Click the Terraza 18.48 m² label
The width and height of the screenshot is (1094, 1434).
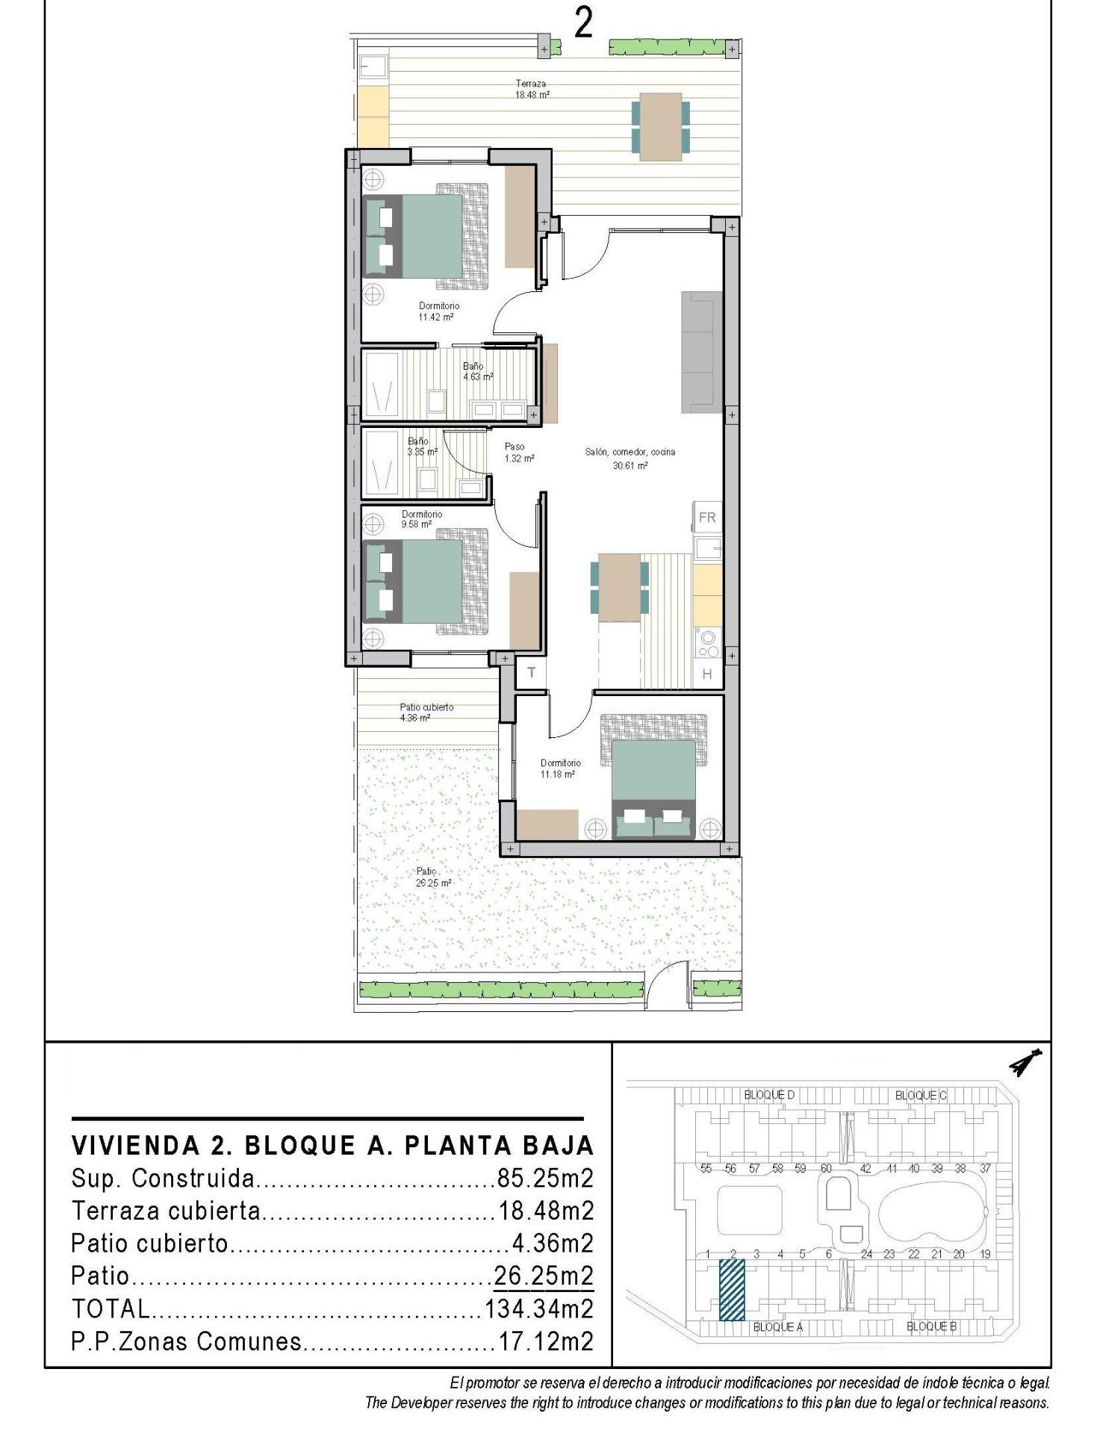click(x=531, y=90)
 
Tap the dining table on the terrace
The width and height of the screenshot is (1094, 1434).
click(x=660, y=126)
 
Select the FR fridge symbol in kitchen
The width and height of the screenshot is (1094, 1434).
click(x=706, y=517)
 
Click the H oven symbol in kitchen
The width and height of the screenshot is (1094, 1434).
click(x=706, y=674)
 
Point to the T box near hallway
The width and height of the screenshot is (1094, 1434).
click(x=532, y=672)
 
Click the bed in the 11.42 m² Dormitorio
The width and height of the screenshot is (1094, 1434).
click(x=422, y=235)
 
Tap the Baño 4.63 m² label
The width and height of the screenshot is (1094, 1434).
click(x=476, y=371)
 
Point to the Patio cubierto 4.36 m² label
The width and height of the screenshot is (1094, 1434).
click(x=426, y=713)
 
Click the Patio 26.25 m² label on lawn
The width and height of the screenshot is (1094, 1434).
click(x=433, y=877)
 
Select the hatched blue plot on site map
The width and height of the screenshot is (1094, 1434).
click(x=732, y=1290)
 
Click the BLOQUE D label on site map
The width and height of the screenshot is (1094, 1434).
click(x=769, y=1095)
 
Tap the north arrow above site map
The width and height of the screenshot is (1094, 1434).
click(x=1026, y=1064)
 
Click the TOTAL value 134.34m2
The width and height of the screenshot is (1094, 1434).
click(x=539, y=1309)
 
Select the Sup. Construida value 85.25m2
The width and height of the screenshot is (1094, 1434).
click(x=545, y=1179)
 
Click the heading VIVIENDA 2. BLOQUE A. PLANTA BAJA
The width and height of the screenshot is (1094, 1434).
click(x=332, y=1145)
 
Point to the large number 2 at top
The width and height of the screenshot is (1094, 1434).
click(x=583, y=24)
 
